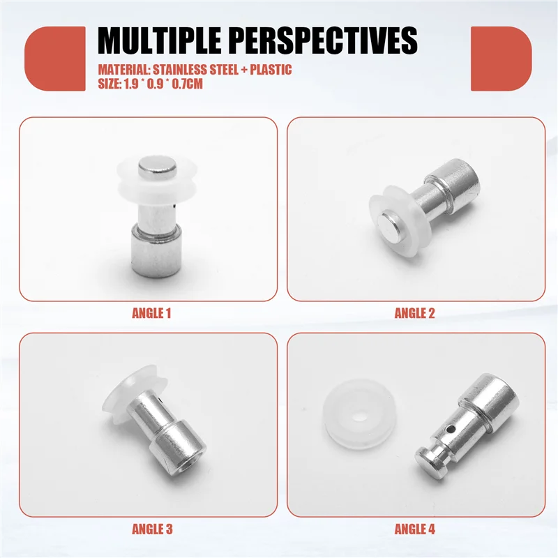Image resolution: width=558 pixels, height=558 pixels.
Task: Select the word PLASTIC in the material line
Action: click(x=269, y=70)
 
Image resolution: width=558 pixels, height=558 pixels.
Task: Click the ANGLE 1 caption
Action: click(x=151, y=313)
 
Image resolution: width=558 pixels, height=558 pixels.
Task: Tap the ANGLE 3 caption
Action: click(x=151, y=529)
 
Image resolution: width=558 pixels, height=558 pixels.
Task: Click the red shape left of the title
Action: click(x=55, y=59)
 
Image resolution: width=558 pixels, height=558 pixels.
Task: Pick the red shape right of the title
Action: click(x=501, y=59)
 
